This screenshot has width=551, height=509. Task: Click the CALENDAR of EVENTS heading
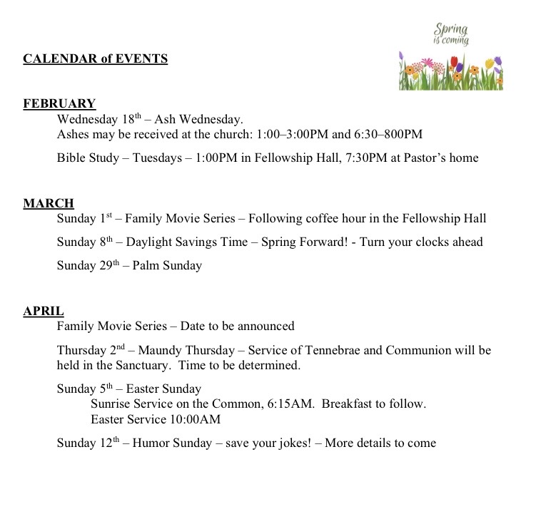(x=96, y=58)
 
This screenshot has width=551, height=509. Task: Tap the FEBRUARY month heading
(x=59, y=103)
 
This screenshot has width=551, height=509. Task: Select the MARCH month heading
(x=49, y=204)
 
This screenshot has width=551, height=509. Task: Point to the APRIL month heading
(x=44, y=311)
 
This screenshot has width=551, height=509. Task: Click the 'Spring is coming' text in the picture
(x=451, y=34)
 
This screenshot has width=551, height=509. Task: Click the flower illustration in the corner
(x=450, y=71)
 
